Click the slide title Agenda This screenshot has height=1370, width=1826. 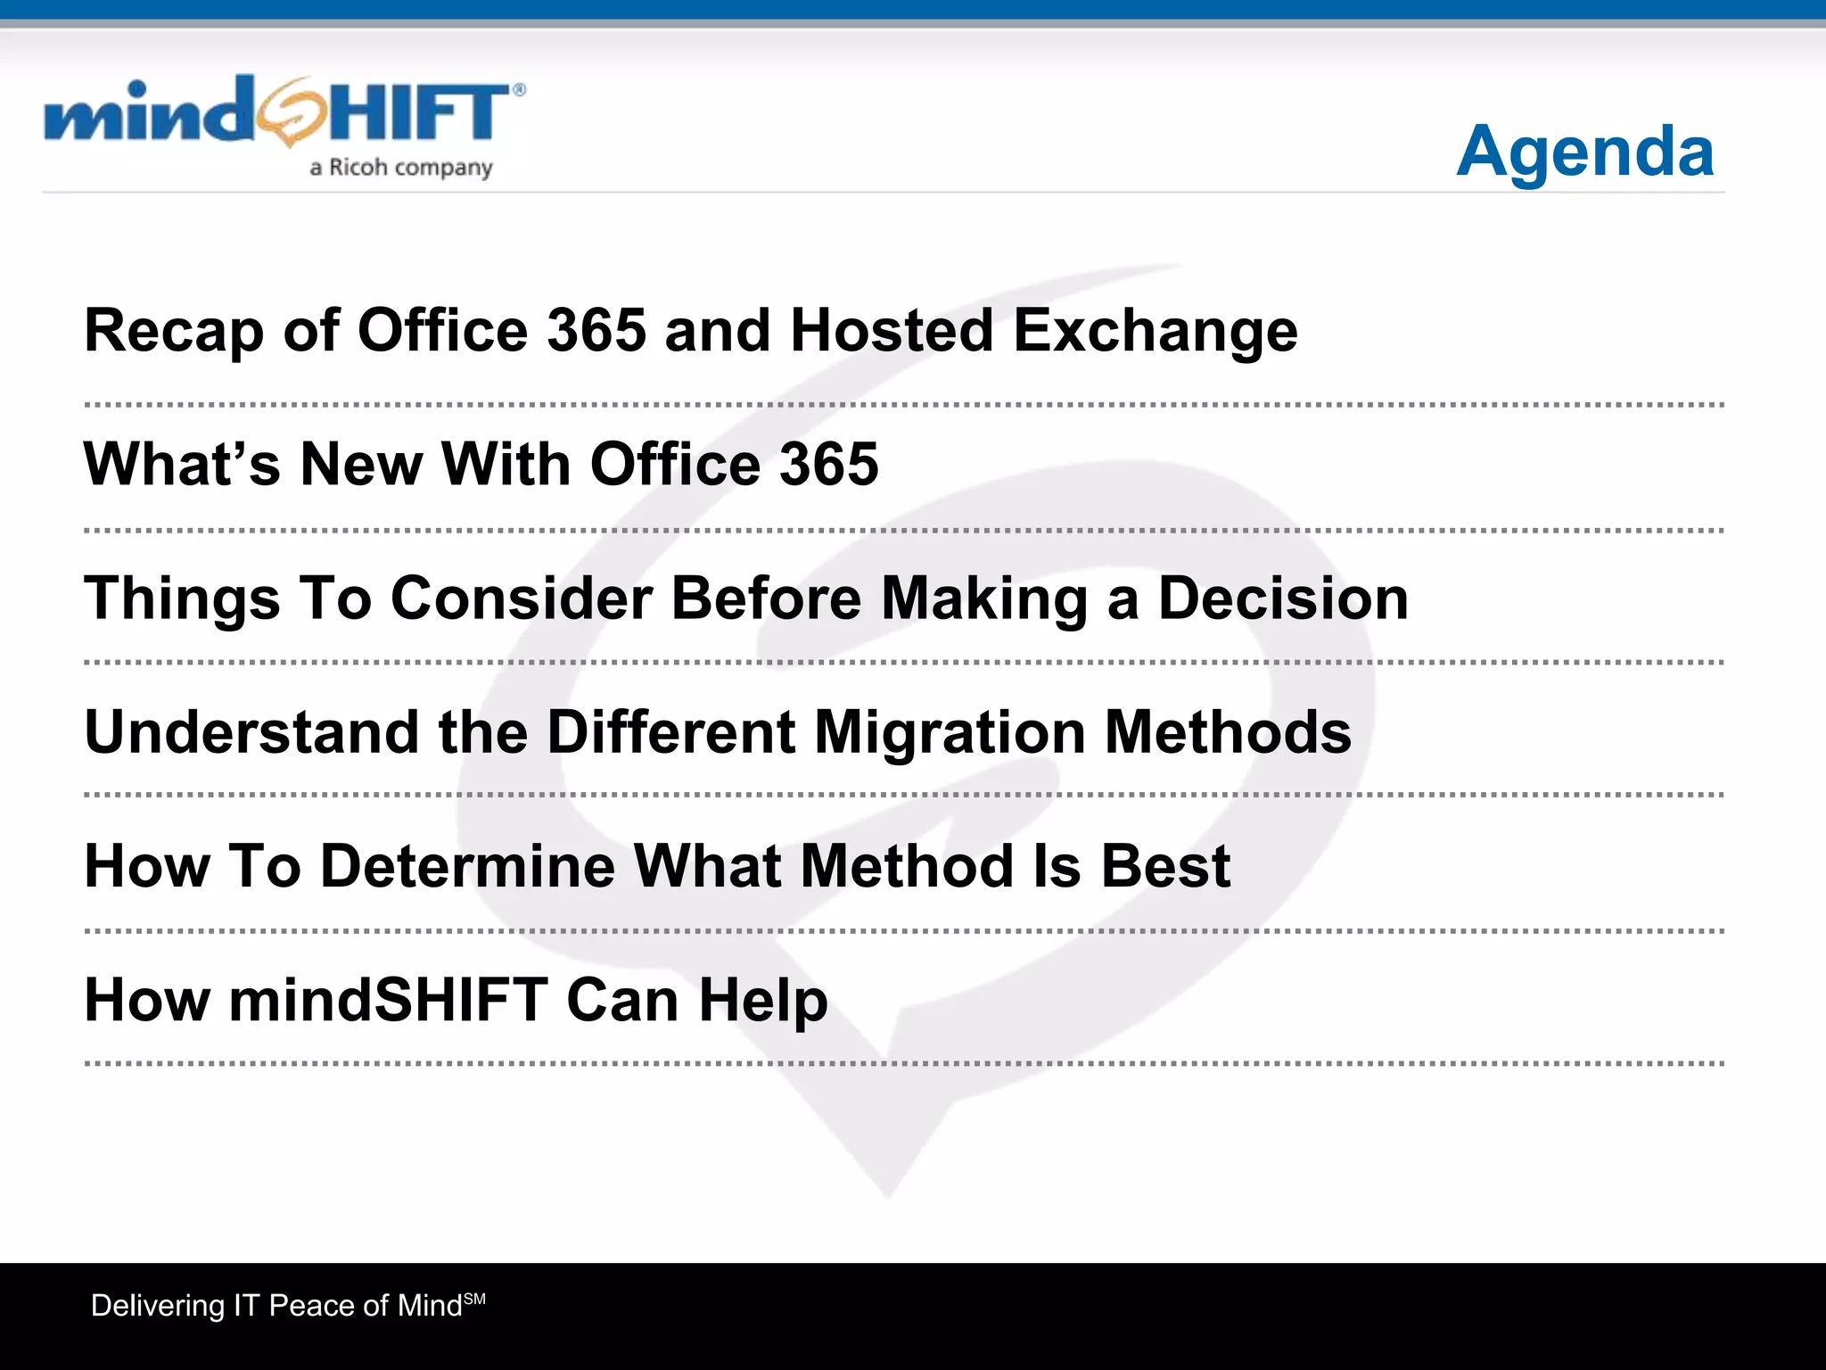(x=1584, y=152)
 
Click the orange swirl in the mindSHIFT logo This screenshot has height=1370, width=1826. (x=287, y=111)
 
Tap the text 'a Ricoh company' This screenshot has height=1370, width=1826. (x=401, y=168)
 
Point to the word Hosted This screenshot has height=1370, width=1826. (x=892, y=330)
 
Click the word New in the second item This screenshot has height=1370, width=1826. (x=361, y=465)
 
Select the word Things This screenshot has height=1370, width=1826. (x=182, y=599)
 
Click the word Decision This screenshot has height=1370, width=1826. (x=1283, y=598)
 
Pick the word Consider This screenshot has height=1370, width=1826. (x=522, y=598)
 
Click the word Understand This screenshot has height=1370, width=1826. (x=251, y=732)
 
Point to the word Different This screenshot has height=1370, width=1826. (x=671, y=732)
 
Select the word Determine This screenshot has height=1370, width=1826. (x=467, y=866)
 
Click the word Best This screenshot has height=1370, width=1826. (x=1165, y=866)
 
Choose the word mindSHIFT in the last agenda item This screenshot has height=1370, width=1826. (x=388, y=1000)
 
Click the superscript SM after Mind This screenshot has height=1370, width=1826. (x=475, y=1299)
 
